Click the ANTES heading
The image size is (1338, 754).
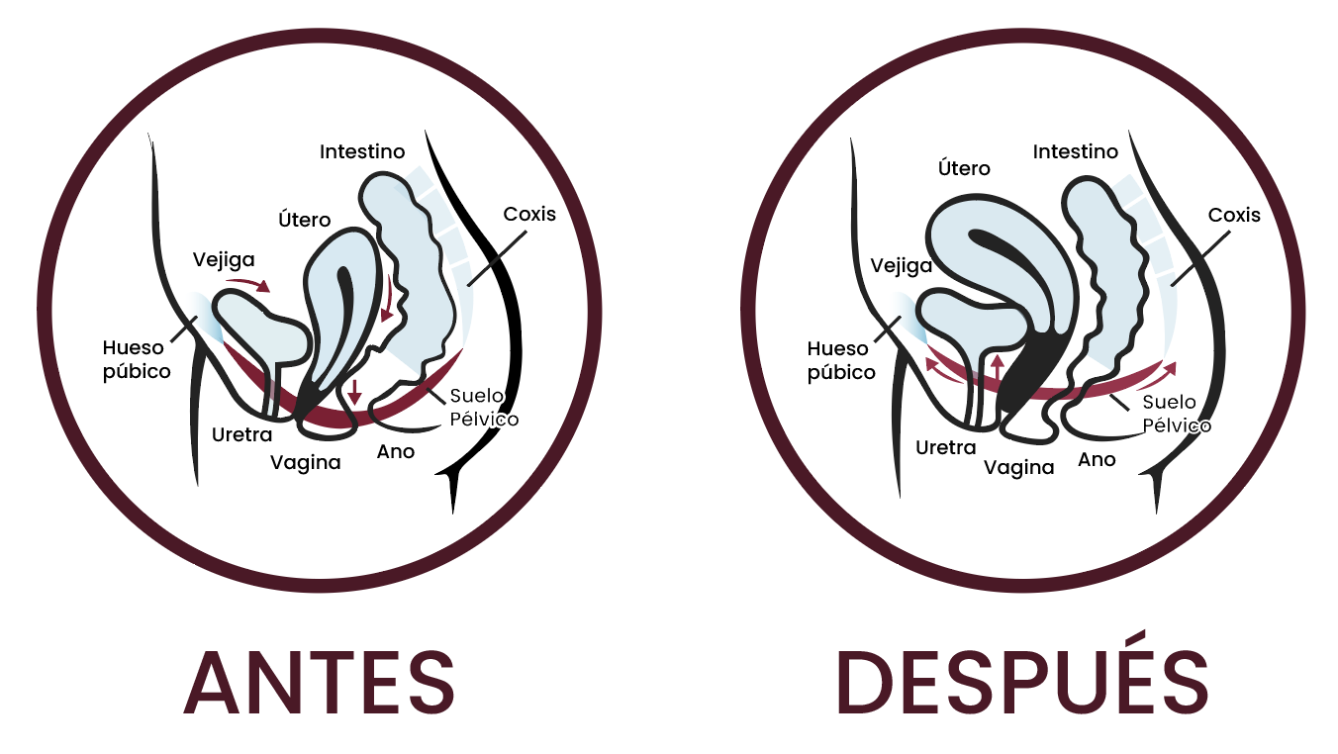pyautogui.click(x=320, y=682)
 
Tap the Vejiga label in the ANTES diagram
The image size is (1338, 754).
pyautogui.click(x=224, y=260)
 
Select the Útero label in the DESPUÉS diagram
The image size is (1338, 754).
pyautogui.click(x=964, y=168)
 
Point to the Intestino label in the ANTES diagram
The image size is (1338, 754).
pyautogui.click(x=362, y=151)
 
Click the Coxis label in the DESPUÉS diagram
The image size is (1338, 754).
pyautogui.click(x=1234, y=215)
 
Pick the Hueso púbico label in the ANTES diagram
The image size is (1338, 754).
pyautogui.click(x=137, y=359)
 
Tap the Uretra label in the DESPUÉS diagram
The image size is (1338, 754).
pyautogui.click(x=945, y=447)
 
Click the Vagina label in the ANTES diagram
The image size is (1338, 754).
pyautogui.click(x=305, y=462)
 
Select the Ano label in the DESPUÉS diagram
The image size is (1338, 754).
pyautogui.click(x=1097, y=459)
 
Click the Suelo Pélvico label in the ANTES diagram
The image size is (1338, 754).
pyautogui.click(x=484, y=408)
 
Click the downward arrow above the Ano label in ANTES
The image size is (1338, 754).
pyautogui.click(x=355, y=392)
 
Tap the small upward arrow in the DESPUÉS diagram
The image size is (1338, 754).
pyautogui.click(x=997, y=366)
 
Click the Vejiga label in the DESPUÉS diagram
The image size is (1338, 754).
pyautogui.click(x=901, y=265)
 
